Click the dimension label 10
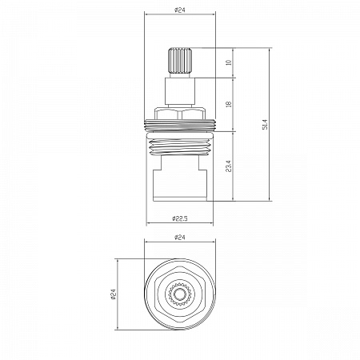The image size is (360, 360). pyautogui.click(x=229, y=62)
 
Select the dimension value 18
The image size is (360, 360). pyautogui.click(x=229, y=104)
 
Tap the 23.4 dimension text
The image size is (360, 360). pyautogui.click(x=229, y=166)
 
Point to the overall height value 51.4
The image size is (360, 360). pyautogui.click(x=265, y=124)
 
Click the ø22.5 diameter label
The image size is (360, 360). pyautogui.click(x=180, y=218)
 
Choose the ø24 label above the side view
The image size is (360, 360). pyautogui.click(x=180, y=10)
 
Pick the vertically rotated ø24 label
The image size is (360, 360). pyautogui.click(x=114, y=294)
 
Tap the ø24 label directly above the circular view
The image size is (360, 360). pyautogui.click(x=180, y=237)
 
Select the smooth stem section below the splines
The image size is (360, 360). pyautogui.click(x=180, y=91)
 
